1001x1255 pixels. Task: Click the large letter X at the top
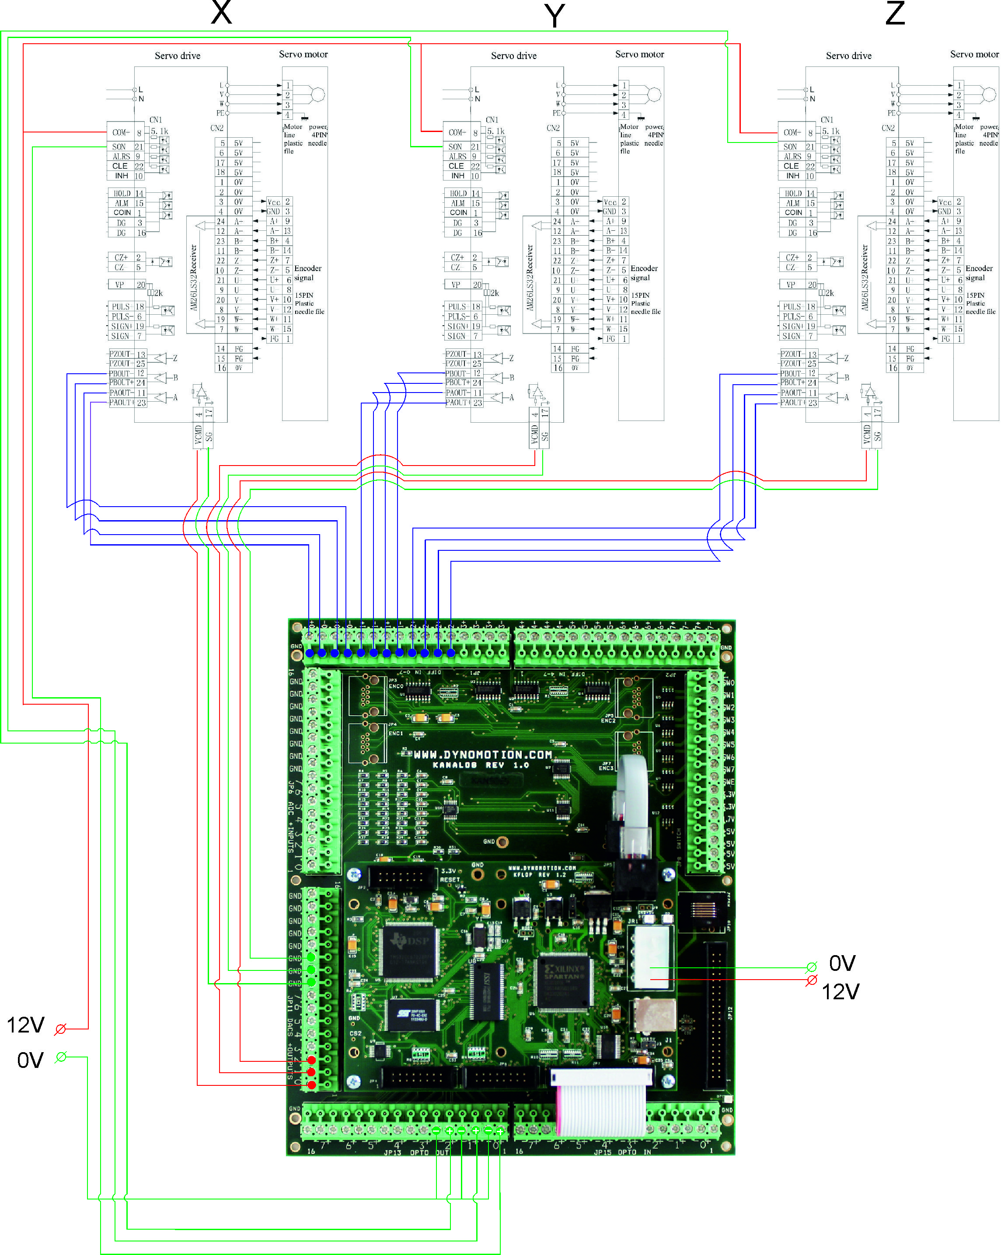pos(221,12)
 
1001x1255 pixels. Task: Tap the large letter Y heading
pos(555,16)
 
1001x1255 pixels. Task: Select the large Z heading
pos(895,13)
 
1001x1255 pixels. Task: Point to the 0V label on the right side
pos(842,963)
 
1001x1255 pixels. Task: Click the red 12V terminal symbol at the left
pos(60,1029)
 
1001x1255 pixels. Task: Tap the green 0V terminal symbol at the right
pos(811,967)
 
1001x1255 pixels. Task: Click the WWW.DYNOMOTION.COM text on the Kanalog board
pos(483,755)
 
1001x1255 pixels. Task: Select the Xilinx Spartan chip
pos(563,981)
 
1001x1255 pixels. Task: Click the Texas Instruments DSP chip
pos(409,951)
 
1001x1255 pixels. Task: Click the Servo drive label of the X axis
pos(178,56)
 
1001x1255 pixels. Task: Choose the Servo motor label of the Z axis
pos(974,54)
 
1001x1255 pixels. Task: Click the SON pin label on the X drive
pos(119,147)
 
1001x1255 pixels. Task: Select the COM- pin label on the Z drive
pos(792,133)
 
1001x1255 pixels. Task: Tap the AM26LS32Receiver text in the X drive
pos(194,277)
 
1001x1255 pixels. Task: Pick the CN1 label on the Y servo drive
pos(492,120)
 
